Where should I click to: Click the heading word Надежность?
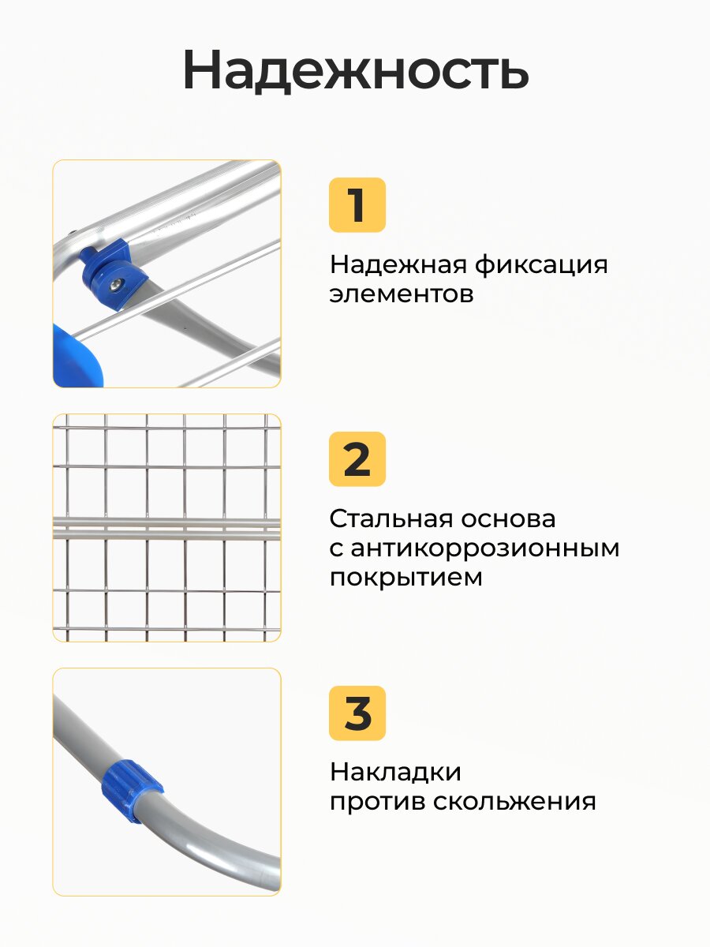[x=356, y=71]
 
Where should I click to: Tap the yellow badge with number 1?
[x=357, y=205]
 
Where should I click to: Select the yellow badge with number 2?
[x=357, y=459]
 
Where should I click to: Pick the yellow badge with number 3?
[x=357, y=713]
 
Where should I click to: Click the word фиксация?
[x=541, y=264]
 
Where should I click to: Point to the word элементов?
[x=402, y=294]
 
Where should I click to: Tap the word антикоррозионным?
[x=485, y=548]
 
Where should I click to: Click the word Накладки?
[x=395, y=773]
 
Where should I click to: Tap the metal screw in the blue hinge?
[x=117, y=283]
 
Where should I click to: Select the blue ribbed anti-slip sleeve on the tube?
[x=132, y=792]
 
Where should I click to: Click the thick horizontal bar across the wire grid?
[x=166, y=529]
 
